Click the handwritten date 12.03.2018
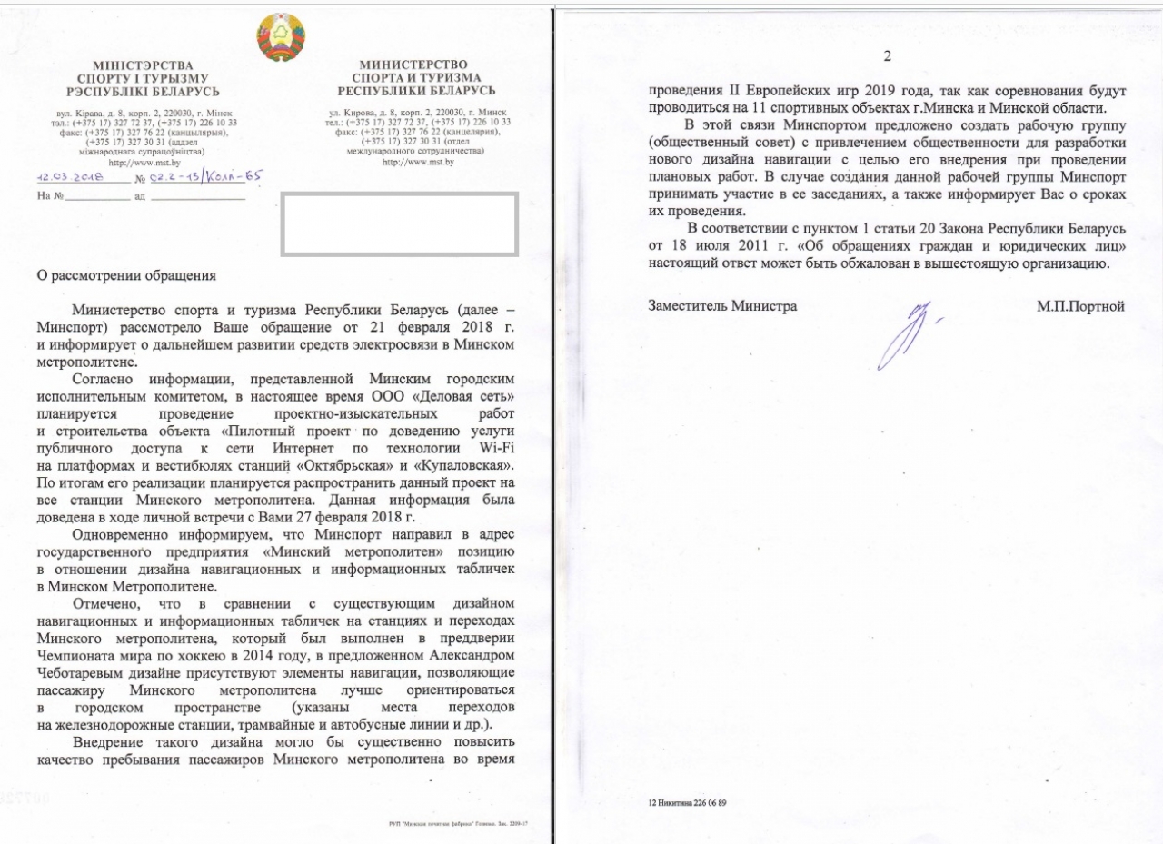tap(70, 179)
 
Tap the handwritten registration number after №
tap(204, 178)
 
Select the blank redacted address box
tap(400, 223)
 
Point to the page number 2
tap(887, 56)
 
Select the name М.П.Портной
tap(1080, 306)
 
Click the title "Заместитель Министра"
tap(722, 306)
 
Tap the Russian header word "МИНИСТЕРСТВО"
tap(414, 65)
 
